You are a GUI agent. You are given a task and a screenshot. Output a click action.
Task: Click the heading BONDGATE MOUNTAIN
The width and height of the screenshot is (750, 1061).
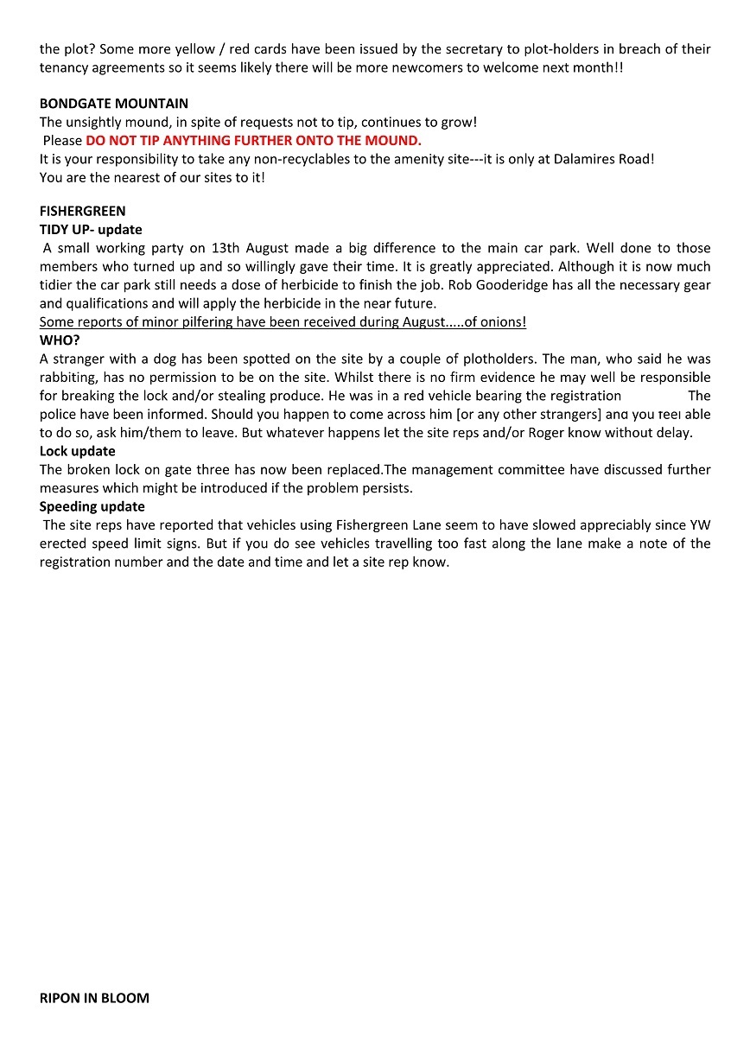point(114,104)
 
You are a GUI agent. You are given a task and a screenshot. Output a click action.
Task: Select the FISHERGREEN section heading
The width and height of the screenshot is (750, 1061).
point(82,211)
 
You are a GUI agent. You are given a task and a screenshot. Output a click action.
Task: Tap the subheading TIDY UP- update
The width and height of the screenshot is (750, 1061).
point(91,230)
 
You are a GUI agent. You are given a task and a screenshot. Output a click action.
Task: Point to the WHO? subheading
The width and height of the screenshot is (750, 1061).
point(60,340)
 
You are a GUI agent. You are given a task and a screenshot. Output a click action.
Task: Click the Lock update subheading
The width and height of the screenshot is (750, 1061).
point(77,451)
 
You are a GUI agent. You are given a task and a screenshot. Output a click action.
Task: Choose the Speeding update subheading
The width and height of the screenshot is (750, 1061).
point(92,506)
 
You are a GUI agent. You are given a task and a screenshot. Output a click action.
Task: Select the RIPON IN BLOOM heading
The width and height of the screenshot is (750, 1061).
point(94,998)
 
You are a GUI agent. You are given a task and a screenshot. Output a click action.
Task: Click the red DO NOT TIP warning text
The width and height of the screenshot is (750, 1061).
point(253,140)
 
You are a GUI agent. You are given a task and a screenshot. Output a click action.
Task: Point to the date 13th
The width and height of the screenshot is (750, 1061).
point(226,248)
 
